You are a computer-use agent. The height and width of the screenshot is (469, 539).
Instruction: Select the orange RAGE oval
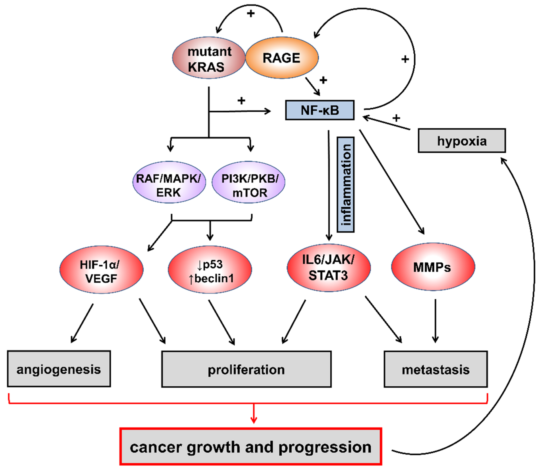282,58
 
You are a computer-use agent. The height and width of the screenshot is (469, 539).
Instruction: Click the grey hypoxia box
462,141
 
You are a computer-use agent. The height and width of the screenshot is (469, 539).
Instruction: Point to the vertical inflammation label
346,185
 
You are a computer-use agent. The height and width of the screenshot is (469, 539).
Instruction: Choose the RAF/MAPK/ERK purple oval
169,182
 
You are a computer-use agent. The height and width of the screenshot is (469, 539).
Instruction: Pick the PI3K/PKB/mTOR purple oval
249,182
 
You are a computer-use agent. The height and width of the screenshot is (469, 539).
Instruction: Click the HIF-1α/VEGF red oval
101,270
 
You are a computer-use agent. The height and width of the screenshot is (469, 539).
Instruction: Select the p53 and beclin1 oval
210,270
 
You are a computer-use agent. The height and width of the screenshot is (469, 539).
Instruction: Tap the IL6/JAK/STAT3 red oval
329,267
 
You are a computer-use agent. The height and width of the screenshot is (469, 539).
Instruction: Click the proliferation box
246,369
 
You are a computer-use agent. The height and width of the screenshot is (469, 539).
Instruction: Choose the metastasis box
436,369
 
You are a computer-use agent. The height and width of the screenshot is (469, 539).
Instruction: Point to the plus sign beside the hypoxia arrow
396,118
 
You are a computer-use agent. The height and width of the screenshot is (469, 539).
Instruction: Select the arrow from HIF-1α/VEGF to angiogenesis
82,323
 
